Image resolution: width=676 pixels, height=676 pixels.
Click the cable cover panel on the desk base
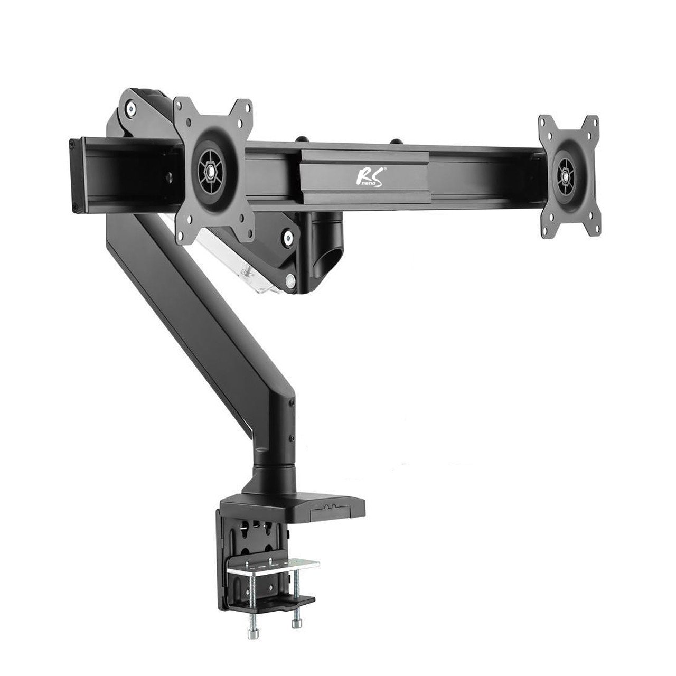point(330,506)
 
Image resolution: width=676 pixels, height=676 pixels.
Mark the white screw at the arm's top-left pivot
point(130,110)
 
